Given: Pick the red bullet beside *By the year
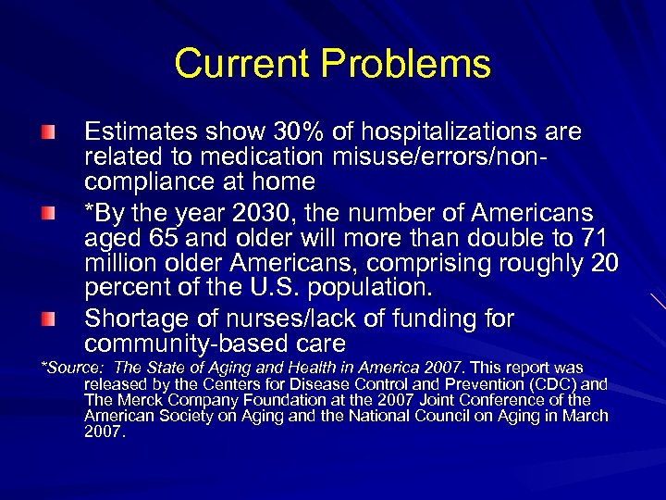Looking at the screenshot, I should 47,215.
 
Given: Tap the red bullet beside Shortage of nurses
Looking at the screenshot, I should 47,319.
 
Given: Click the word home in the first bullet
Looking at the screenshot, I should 288,181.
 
